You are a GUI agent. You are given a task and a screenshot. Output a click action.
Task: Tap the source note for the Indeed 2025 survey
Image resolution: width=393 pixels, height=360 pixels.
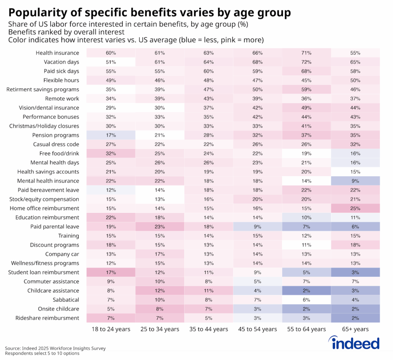55,348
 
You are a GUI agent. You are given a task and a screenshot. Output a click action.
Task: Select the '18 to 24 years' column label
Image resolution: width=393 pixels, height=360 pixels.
111,329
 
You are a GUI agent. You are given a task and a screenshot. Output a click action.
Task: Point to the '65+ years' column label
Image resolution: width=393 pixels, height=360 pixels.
355,329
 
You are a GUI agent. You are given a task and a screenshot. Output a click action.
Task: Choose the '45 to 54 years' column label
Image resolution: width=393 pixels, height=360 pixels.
258,329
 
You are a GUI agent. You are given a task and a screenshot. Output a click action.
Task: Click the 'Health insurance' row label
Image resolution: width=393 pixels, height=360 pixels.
57,53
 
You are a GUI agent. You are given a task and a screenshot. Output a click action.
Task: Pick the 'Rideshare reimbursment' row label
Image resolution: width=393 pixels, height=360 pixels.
47,318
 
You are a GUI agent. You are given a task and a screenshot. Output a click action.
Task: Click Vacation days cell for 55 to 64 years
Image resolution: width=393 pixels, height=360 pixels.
306,62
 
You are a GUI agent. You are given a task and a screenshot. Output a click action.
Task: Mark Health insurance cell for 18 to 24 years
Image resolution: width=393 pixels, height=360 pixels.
111,53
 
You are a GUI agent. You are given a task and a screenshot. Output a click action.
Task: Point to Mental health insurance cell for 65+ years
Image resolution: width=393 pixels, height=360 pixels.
355,181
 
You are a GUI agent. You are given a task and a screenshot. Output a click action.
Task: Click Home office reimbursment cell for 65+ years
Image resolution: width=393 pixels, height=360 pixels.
355,208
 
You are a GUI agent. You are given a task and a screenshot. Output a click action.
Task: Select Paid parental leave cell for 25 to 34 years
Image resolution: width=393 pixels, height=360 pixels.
160,226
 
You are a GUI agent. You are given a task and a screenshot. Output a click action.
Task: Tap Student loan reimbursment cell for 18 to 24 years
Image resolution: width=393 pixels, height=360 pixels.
111,272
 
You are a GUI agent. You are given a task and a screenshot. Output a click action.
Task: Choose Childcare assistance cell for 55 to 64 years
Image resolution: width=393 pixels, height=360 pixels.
306,291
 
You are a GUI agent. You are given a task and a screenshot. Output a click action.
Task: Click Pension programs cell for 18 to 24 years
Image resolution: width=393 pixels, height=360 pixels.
111,135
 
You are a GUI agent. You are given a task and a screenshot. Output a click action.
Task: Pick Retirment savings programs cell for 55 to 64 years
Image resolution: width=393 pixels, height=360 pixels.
306,89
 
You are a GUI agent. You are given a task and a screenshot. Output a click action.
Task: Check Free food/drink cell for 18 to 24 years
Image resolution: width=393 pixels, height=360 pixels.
111,154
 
